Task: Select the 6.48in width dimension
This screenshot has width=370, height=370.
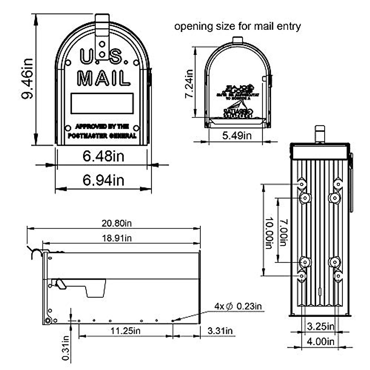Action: (x=103, y=156)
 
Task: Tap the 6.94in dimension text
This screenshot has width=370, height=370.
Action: (x=103, y=180)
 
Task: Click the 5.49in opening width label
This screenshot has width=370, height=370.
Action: (x=237, y=135)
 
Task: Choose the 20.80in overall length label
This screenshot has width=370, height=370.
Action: (x=117, y=223)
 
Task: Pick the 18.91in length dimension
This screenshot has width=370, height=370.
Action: (x=117, y=238)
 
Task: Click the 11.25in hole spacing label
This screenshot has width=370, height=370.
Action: (x=125, y=331)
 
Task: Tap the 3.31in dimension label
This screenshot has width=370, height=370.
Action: (x=220, y=331)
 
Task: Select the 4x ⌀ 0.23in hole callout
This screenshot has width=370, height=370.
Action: (x=238, y=306)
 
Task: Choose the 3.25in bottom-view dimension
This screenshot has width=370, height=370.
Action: (x=321, y=326)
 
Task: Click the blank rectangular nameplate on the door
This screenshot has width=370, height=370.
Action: (x=102, y=103)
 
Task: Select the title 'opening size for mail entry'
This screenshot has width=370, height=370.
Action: (x=237, y=26)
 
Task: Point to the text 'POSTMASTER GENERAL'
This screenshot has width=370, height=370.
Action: (x=102, y=136)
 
